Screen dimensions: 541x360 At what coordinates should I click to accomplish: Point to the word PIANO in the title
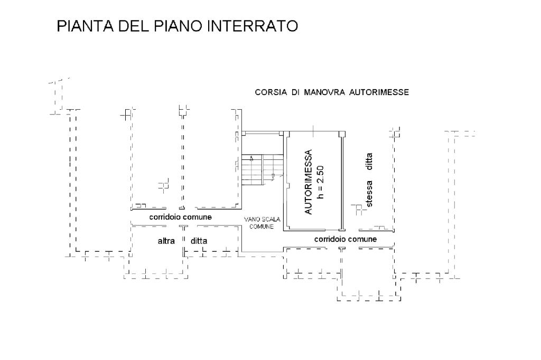point(178,26)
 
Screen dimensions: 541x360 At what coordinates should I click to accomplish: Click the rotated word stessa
point(369,195)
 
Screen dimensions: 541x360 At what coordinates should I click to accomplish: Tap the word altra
point(166,241)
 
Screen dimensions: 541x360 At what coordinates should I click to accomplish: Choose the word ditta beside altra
point(199,241)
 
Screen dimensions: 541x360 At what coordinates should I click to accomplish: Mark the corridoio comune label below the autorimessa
point(346,239)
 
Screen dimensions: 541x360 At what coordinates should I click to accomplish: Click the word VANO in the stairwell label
point(250,220)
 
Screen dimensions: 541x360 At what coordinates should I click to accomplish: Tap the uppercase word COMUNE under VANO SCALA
point(262,226)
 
